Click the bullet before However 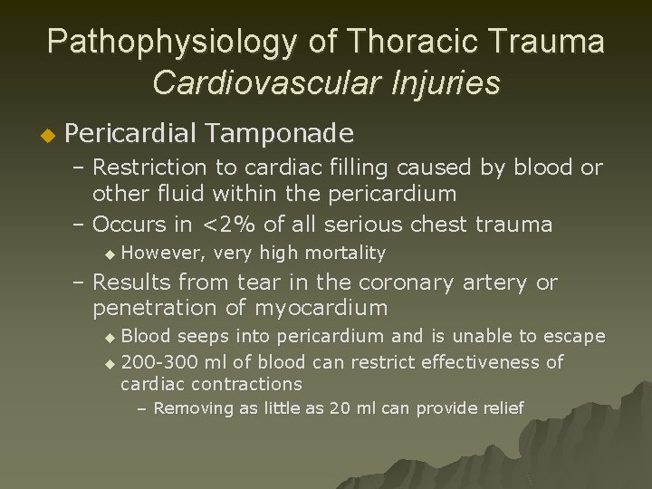pyautogui.click(x=110, y=254)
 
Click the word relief pyautogui.click(x=502, y=407)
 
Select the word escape pyautogui.click(x=573, y=337)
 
